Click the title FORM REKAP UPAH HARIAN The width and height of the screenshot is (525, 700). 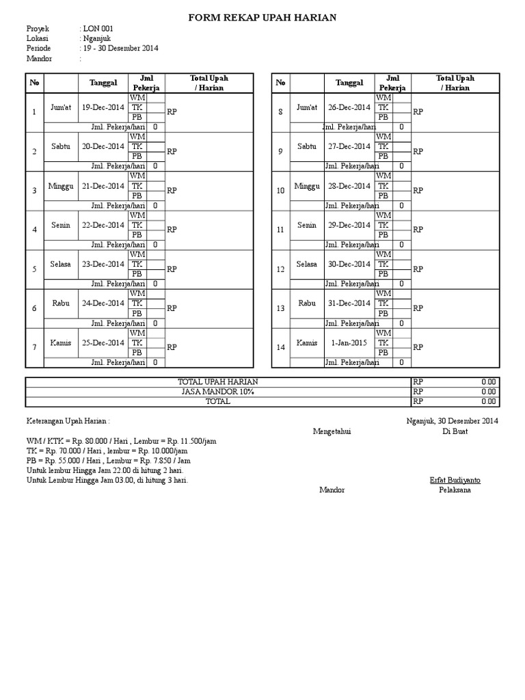[x=262, y=17]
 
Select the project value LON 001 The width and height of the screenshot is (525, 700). [x=98, y=29]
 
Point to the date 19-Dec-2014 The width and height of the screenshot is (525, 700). [x=103, y=107]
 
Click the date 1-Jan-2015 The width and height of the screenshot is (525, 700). [x=349, y=342]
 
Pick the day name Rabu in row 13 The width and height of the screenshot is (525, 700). [x=307, y=304]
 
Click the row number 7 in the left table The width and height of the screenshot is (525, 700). [x=34, y=347]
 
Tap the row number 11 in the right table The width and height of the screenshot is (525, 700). [x=280, y=230]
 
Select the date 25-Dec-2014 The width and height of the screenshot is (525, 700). [x=103, y=342]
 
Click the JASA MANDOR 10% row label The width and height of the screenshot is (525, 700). [x=218, y=392]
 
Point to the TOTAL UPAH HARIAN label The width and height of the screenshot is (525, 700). [x=218, y=382]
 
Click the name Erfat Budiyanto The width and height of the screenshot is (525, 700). [x=455, y=480]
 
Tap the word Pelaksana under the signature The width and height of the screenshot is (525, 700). [x=455, y=490]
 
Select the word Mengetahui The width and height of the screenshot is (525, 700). [x=332, y=431]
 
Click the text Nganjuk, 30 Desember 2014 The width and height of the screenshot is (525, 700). [x=452, y=421]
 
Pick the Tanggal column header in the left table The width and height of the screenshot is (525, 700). [x=103, y=83]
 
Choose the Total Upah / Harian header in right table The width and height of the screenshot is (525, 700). [x=455, y=83]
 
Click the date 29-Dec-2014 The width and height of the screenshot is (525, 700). [x=349, y=225]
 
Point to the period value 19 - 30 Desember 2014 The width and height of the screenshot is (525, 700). [x=120, y=48]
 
